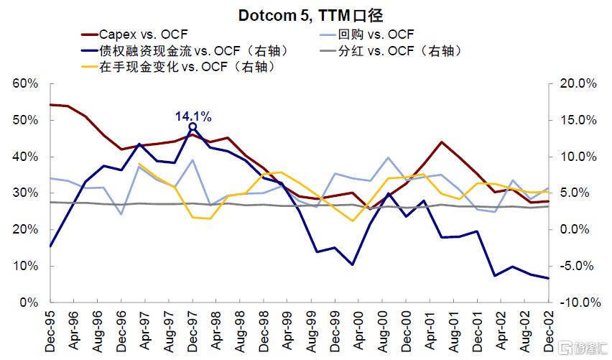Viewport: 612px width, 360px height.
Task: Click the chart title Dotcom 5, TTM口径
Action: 305,14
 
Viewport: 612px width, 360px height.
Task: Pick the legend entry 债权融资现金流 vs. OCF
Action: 184,51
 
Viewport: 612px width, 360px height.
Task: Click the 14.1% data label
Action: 193,115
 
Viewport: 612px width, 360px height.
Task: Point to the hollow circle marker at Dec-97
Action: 193,127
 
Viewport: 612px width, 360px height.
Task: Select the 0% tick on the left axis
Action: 29,303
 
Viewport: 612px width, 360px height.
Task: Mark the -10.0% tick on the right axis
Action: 577,303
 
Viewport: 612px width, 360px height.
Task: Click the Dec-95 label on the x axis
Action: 51,333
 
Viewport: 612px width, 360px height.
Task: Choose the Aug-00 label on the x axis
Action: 382,333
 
